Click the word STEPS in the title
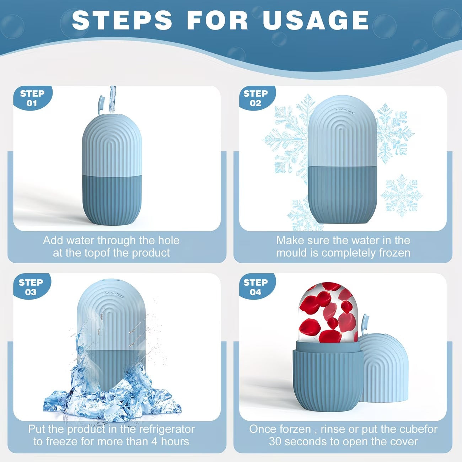(x=122, y=20)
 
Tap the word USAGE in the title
(x=316, y=20)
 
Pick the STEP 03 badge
(x=32, y=287)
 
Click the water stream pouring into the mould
(x=112, y=100)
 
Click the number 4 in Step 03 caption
(x=154, y=442)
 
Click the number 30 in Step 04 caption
(x=275, y=442)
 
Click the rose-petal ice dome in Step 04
(x=329, y=312)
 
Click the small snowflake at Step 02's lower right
(x=402, y=195)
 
